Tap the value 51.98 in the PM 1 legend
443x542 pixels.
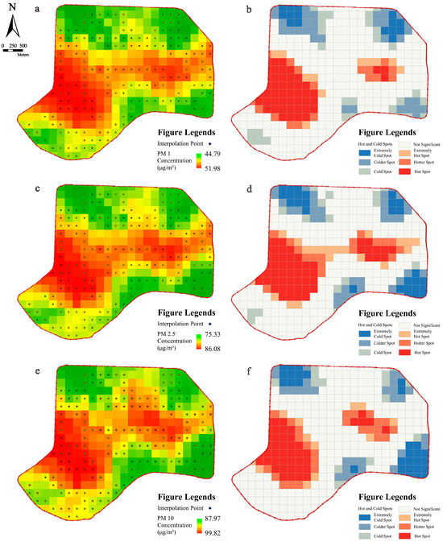206,167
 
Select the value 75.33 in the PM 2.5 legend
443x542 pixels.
206,334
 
